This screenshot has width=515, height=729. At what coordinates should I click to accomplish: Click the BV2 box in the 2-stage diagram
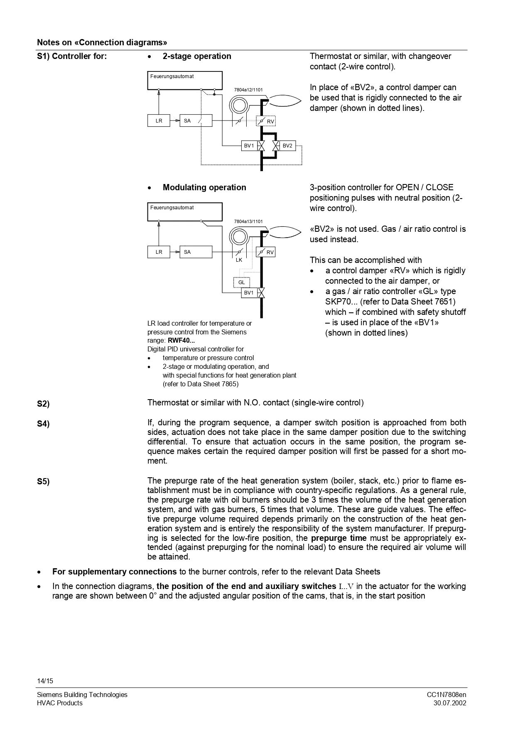point(287,146)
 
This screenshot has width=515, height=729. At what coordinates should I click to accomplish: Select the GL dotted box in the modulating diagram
point(242,282)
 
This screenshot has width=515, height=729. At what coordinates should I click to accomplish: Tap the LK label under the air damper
point(239,260)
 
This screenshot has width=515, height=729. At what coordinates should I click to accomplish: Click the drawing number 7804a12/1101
point(248,90)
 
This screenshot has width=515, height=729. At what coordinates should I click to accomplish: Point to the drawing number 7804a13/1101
point(248,221)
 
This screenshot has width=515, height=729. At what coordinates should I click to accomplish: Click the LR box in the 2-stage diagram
point(159,121)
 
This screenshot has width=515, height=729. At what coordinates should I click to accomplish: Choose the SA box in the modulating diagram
point(196,252)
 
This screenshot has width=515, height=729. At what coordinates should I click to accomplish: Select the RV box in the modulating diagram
point(266,252)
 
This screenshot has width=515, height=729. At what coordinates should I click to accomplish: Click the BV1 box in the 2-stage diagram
point(249,146)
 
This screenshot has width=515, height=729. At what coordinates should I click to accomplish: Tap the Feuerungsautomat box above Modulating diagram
point(185,212)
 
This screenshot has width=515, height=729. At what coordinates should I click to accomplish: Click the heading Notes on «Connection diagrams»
point(102,42)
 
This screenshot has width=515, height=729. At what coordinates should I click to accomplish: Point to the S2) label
point(43,404)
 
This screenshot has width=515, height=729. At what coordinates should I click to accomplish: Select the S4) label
point(43,424)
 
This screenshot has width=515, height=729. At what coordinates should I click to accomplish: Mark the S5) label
point(43,481)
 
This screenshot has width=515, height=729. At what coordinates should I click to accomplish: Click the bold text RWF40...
point(181,341)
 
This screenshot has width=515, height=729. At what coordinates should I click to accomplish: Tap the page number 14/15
point(45,681)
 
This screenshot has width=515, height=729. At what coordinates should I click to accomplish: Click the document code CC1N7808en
point(446,695)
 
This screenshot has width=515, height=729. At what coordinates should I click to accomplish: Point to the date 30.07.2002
point(449,703)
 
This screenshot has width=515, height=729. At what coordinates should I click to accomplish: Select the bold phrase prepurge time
point(338,538)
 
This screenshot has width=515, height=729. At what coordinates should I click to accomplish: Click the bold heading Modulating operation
point(204,187)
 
